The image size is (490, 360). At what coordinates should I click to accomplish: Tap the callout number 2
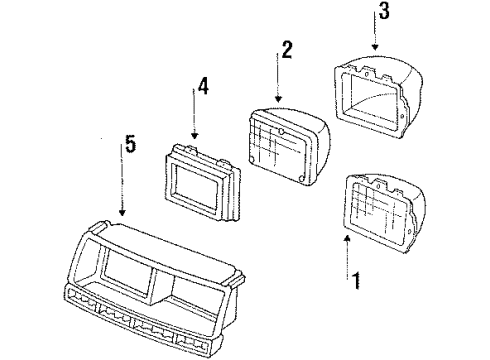coord(287,51)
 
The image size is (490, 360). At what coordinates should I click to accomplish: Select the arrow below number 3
coord(374,39)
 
